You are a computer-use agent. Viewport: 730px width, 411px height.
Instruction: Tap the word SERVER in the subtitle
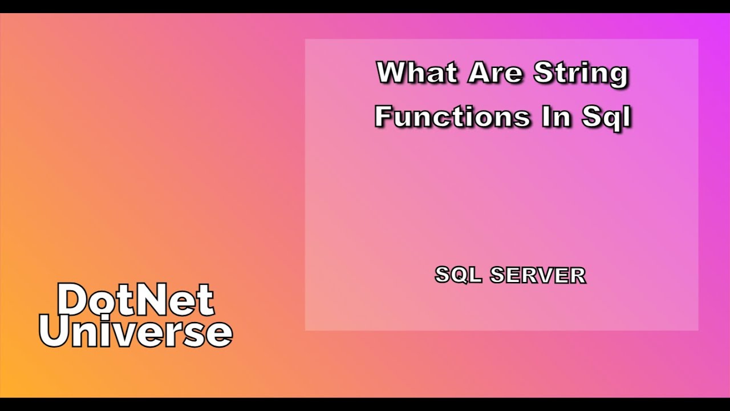[x=538, y=275]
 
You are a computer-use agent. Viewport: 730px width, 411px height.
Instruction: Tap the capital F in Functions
[x=383, y=116]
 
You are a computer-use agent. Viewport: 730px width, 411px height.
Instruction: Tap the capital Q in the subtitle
[x=460, y=275]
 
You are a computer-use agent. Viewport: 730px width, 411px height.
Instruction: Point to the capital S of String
[x=542, y=73]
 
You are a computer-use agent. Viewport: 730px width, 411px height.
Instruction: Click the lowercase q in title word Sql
[x=610, y=119]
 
